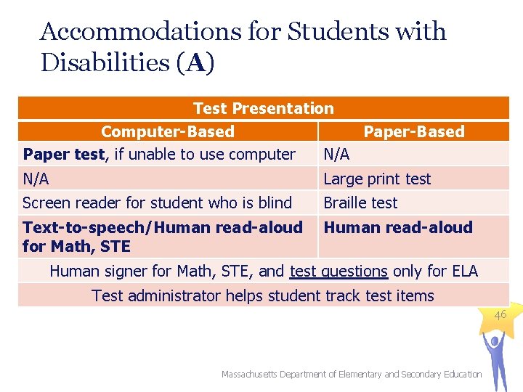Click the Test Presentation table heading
[263, 109]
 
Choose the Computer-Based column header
[167, 131]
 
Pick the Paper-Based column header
[413, 131]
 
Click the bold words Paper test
[63, 154]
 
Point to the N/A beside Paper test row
[336, 154]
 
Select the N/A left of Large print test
[36, 179]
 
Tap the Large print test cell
[377, 179]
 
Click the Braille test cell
[360, 203]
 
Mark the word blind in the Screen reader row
[275, 203]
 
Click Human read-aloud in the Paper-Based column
[397, 227]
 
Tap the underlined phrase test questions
[338, 271]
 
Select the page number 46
[500, 315]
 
